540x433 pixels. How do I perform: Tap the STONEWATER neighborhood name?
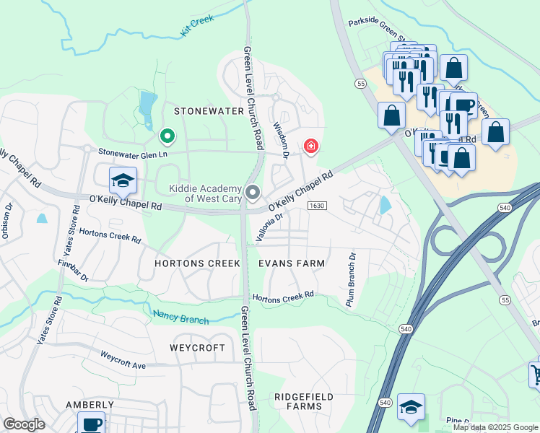pos(206,111)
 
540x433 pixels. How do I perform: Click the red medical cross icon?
pos(311,147)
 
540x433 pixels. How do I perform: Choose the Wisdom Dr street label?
pos(280,136)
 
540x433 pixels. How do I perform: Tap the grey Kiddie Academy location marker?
pos(253,192)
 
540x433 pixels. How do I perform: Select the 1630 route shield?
pos(315,206)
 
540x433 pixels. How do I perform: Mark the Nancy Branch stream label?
pos(180,316)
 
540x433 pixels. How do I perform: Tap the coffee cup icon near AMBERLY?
pos(91,423)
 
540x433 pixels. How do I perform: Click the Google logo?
pos(24,424)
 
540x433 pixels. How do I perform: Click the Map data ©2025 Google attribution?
pos(495,427)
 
